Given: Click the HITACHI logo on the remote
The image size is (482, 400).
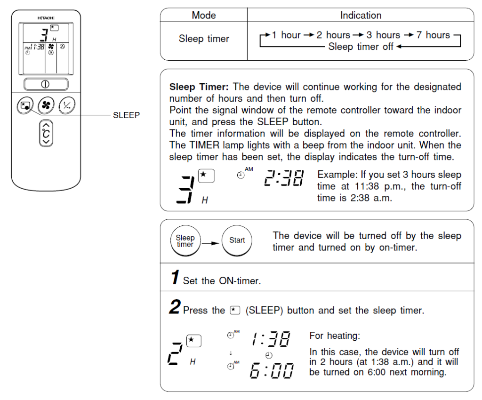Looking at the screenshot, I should [46, 18].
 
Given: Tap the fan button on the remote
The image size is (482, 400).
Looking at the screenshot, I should [46, 106].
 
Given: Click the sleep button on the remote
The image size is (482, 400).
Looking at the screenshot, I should [25, 106].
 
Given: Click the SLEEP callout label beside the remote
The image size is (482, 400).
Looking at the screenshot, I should [126, 115].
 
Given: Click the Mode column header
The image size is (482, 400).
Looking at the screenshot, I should [203, 15].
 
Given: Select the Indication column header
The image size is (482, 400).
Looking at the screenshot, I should [361, 15].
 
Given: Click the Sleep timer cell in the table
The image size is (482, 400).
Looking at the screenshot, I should [203, 39].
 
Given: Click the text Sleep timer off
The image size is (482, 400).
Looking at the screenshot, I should [361, 47].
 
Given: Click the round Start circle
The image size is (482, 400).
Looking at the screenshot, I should [237, 240].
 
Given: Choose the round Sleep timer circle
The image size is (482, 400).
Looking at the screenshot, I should [185, 241].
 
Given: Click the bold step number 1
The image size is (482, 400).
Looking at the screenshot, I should [175, 278].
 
